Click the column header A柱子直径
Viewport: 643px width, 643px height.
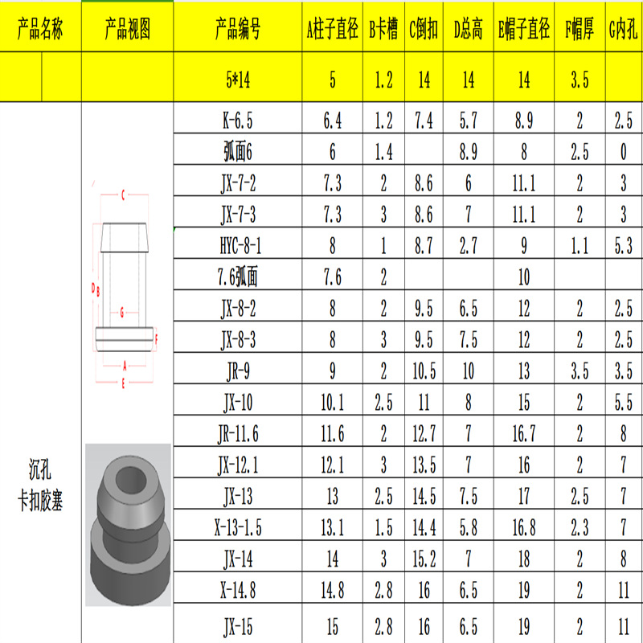332,29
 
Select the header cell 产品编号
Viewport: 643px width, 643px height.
238,29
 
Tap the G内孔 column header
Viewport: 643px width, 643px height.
623,29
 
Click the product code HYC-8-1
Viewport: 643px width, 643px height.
240,246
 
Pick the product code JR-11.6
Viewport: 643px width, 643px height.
238,434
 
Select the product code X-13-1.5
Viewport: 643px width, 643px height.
238,527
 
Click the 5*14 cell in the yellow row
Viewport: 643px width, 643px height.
238,79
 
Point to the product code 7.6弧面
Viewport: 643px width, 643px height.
238,276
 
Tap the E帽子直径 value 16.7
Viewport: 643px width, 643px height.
524,434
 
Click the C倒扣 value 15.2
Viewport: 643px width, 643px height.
424,559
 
